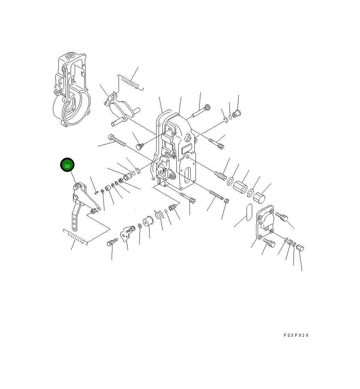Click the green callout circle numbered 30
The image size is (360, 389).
(x=67, y=165)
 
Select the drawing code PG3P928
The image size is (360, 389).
(x=296, y=335)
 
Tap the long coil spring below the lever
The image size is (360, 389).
(x=75, y=237)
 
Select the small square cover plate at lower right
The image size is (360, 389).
(x=265, y=222)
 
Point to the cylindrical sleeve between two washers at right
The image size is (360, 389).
(x=240, y=188)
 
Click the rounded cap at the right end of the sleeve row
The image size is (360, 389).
(x=259, y=198)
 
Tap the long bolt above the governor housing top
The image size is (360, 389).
(x=201, y=111)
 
